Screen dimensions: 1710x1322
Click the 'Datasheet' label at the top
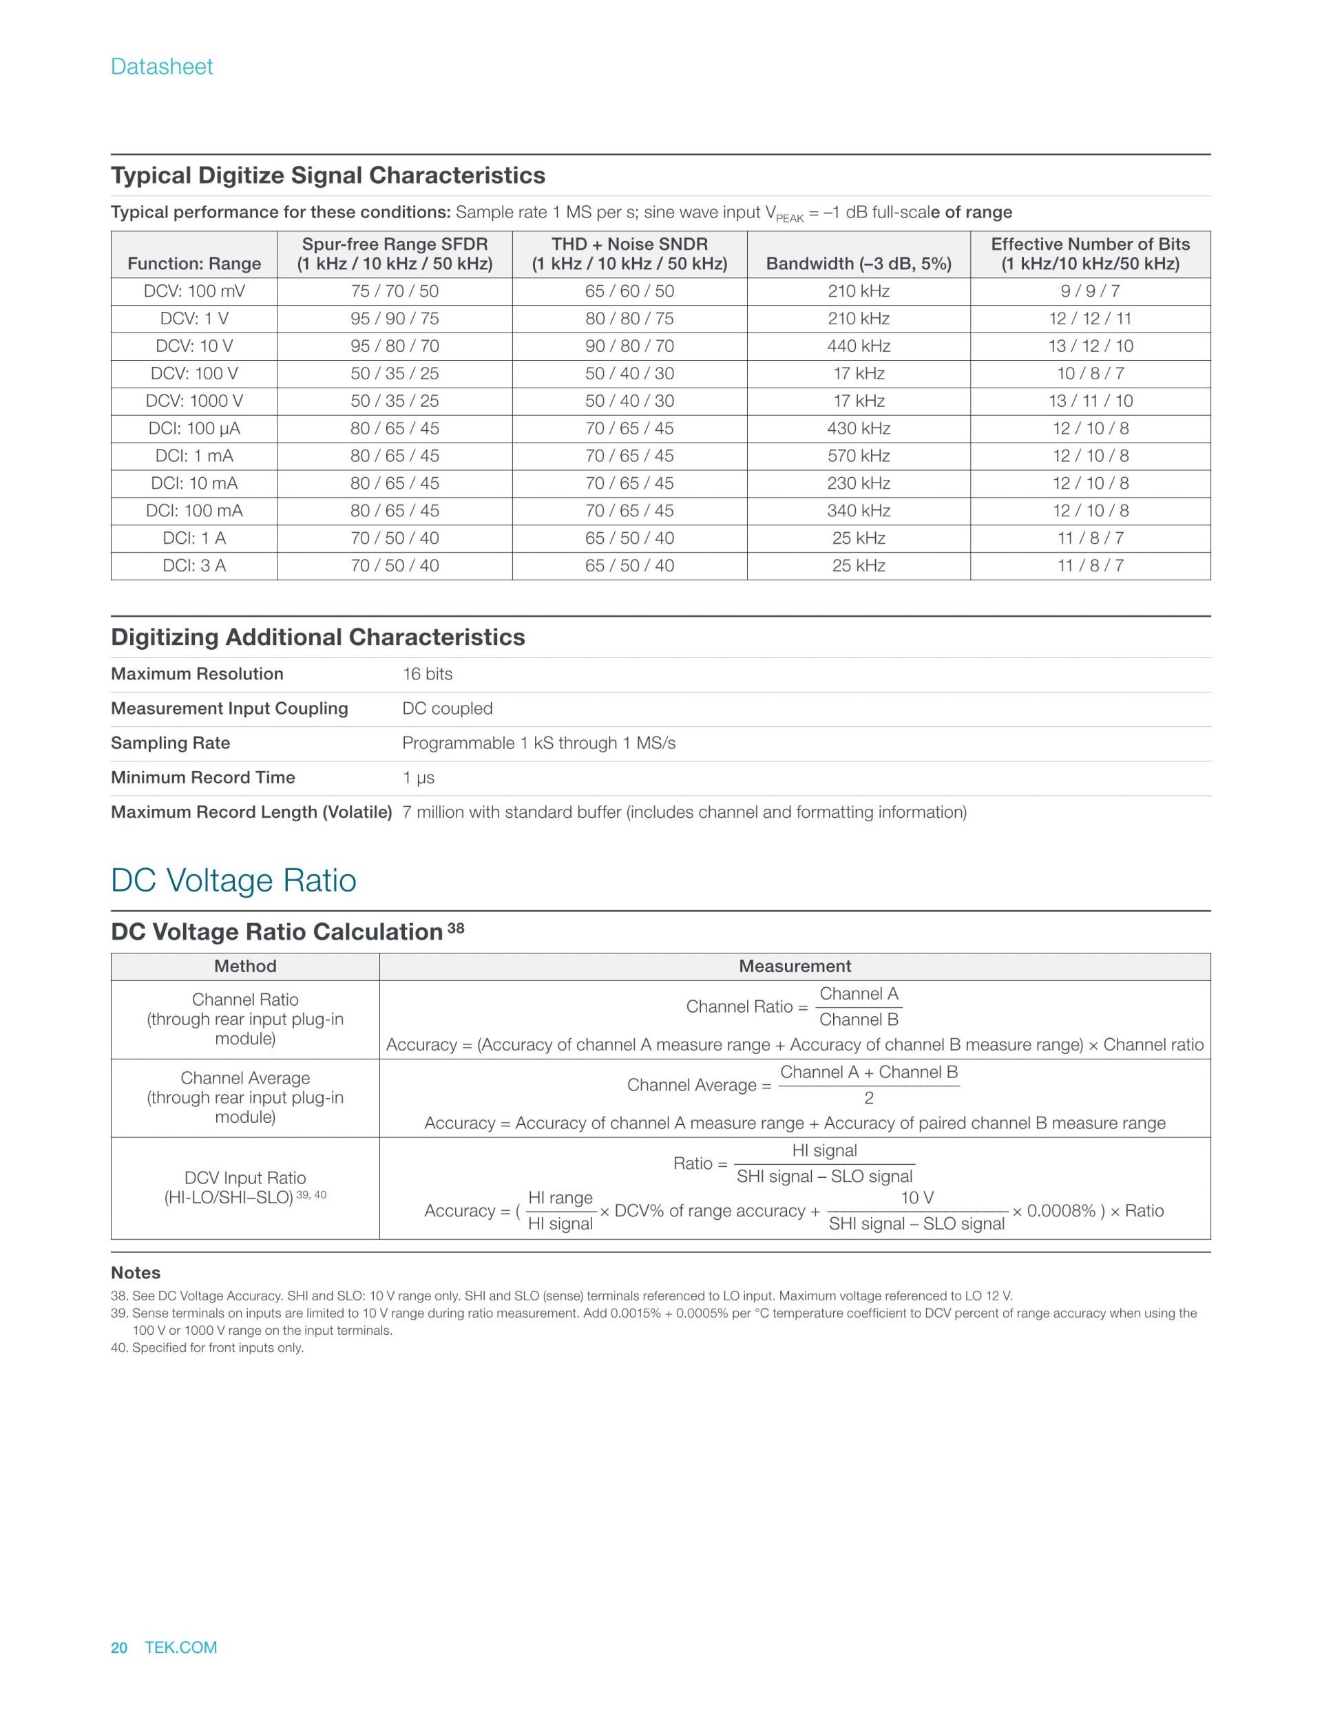161,67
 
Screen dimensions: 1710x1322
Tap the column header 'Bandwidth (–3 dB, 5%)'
859,264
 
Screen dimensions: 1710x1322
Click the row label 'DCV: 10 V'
194,346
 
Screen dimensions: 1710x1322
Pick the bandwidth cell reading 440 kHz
859,346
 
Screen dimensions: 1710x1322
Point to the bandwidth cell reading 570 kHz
859,456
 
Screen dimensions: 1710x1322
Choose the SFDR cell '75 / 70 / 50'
395,291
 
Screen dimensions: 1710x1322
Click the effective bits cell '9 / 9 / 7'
1090,291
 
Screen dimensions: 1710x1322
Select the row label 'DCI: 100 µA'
194,428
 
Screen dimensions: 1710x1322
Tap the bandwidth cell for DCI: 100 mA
859,511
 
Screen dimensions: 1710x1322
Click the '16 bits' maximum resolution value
427,674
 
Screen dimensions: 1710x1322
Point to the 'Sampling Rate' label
170,743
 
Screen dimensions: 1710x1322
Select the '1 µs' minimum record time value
418,777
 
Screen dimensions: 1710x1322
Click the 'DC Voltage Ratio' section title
233,880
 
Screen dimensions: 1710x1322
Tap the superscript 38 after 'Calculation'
456,929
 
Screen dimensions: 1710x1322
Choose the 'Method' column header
245,967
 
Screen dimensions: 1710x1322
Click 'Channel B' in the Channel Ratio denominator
859,1020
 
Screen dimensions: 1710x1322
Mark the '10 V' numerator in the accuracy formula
916,1198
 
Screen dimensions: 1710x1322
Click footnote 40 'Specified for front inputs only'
207,1347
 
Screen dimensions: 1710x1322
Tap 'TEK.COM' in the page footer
181,1647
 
